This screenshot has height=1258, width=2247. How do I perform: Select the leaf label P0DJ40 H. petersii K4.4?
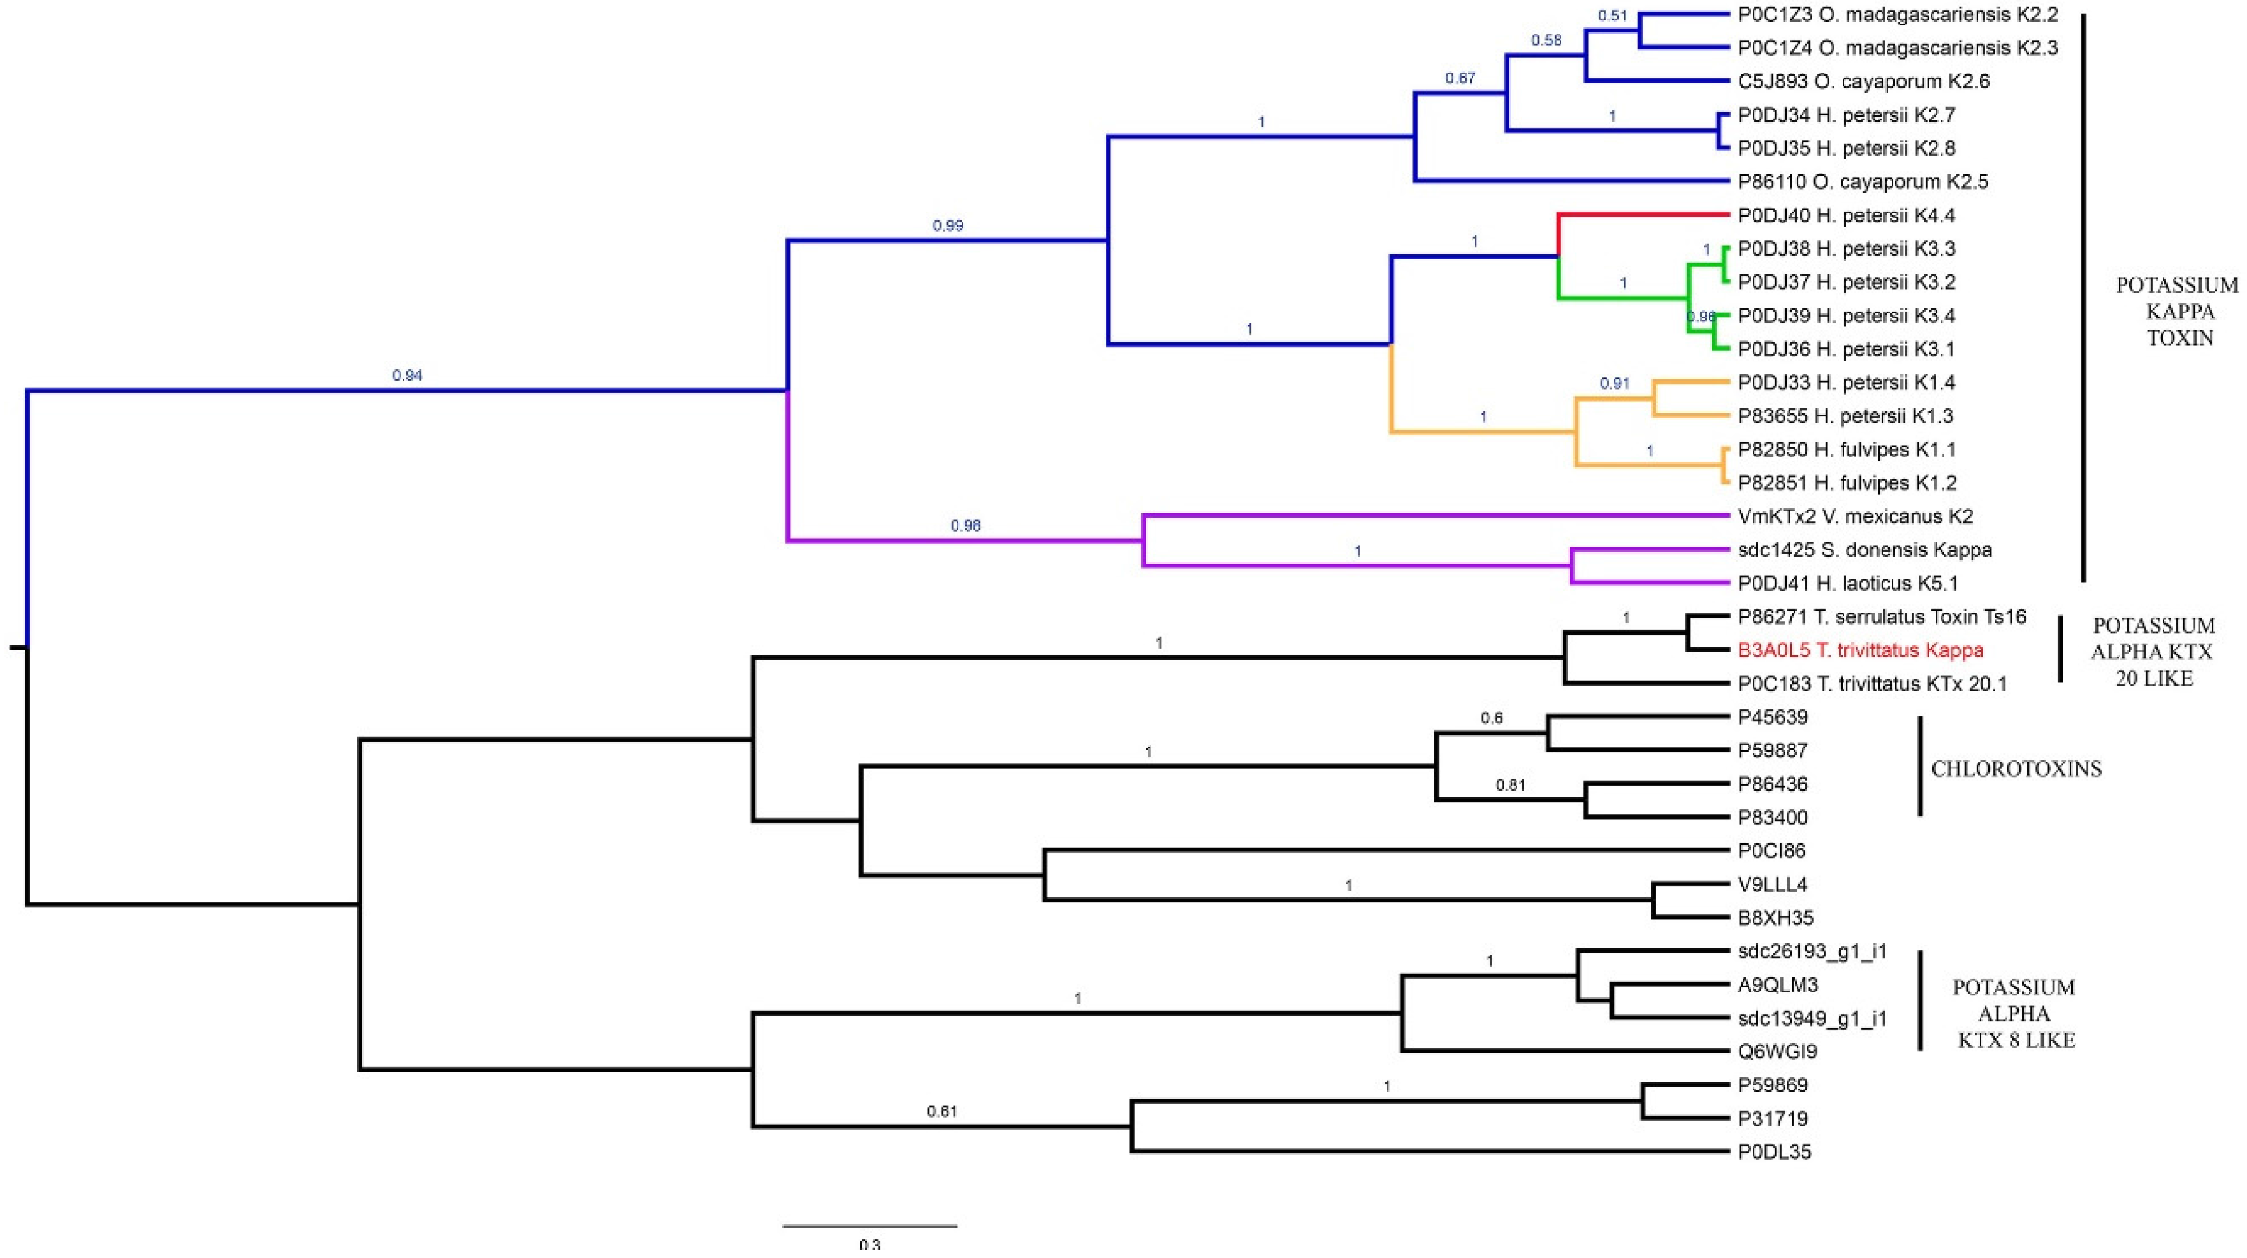(1845, 215)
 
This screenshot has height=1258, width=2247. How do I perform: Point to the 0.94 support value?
(408, 376)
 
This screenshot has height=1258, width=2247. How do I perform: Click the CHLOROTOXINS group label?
(2016, 768)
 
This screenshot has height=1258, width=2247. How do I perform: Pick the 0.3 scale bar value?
(870, 1245)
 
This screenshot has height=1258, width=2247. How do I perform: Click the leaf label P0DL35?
(1774, 1152)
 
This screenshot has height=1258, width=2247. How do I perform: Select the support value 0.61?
(942, 1112)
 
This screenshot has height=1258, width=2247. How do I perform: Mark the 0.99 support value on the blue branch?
(948, 226)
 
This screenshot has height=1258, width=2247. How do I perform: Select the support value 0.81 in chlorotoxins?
(1511, 785)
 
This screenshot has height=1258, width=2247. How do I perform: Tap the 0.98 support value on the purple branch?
(966, 526)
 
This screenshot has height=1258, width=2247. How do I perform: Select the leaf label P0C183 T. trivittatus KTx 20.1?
(1872, 684)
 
